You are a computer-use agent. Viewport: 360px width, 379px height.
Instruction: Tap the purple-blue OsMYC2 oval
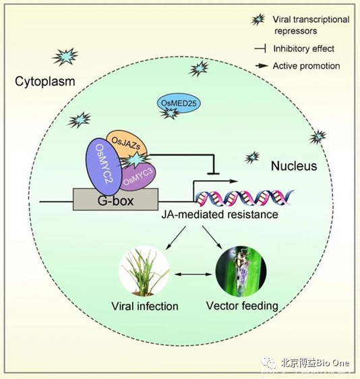point(102,167)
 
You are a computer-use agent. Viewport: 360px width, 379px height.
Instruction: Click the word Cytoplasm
point(45,81)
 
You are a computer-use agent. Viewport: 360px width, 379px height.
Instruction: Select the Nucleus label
point(294,166)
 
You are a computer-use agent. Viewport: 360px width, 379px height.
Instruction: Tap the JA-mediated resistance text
point(220,214)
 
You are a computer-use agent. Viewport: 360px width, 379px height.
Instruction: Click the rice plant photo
point(144,271)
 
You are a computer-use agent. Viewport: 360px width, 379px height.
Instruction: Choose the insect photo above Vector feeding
point(241,272)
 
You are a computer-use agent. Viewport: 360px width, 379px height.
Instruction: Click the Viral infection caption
point(145,306)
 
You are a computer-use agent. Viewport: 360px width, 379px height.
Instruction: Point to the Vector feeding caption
point(242,305)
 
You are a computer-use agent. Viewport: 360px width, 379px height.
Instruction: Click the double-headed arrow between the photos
point(193,274)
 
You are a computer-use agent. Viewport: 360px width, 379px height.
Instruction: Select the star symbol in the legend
point(258,19)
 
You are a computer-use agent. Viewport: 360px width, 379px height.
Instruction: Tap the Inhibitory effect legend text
point(303,49)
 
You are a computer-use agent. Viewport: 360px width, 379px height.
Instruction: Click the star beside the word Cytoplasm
point(65,57)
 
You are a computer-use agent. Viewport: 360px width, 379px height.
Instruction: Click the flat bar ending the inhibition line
point(213,173)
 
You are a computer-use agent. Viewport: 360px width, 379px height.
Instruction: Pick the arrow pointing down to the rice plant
point(176,238)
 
